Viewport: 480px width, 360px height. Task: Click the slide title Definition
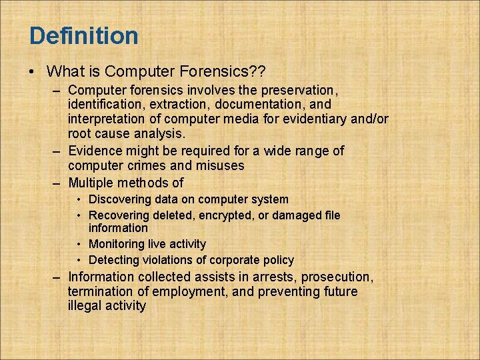(x=84, y=35)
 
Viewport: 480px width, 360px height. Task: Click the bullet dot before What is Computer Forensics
(x=33, y=71)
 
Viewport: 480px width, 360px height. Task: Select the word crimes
(x=155, y=166)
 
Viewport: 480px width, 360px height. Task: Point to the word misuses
(x=217, y=166)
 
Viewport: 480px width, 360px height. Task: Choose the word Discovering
(x=120, y=199)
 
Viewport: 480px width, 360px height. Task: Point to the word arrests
(x=275, y=277)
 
